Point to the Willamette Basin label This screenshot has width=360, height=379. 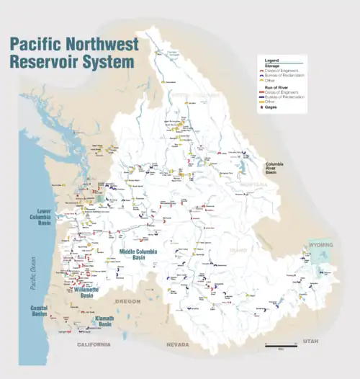click(86, 291)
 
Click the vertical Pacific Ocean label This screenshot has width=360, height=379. click(32, 273)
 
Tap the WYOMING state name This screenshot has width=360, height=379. click(322, 245)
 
